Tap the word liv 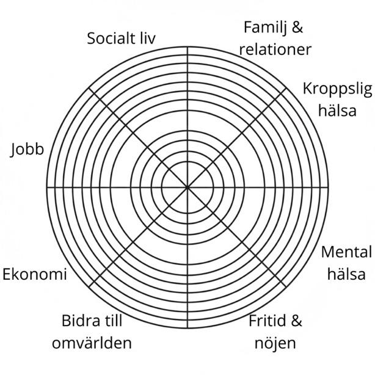point(145,39)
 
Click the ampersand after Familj point(297,28)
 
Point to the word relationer point(275,49)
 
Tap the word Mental point(346,252)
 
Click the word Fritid point(268,321)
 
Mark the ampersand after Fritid point(297,321)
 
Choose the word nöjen point(275,343)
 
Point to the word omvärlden point(92,343)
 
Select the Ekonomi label point(35,274)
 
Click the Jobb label point(27,150)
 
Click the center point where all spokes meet point(188,186)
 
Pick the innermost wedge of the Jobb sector point(172,180)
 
